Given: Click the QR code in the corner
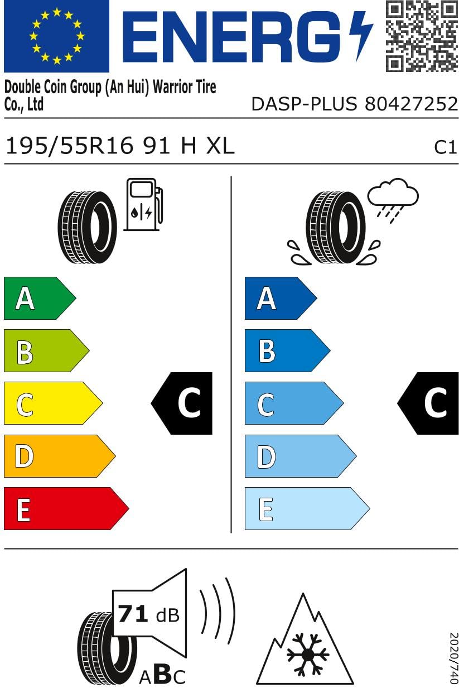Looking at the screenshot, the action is click(x=422, y=36).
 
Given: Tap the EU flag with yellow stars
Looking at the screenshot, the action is click(x=56, y=36).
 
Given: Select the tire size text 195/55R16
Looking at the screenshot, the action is click(x=69, y=146).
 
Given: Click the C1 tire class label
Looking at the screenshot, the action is click(x=445, y=147).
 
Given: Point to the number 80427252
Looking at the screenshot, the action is click(x=412, y=104).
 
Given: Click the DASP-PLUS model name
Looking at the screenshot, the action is click(x=305, y=104).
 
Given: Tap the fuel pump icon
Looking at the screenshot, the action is click(x=143, y=204).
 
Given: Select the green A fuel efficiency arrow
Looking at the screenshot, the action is click(x=40, y=298).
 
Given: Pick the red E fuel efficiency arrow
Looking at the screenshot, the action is click(x=66, y=508).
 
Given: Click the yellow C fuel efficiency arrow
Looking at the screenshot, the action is click(x=53, y=403).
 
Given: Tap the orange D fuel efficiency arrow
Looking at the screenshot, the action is click(x=60, y=456).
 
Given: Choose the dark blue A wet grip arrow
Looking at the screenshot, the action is click(x=281, y=298).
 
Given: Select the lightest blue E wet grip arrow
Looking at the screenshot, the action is click(x=307, y=508).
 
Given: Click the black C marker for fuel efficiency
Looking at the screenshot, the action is click(x=182, y=403).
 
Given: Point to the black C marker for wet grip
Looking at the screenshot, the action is click(x=428, y=403).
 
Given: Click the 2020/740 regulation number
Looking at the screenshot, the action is click(x=454, y=658).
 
